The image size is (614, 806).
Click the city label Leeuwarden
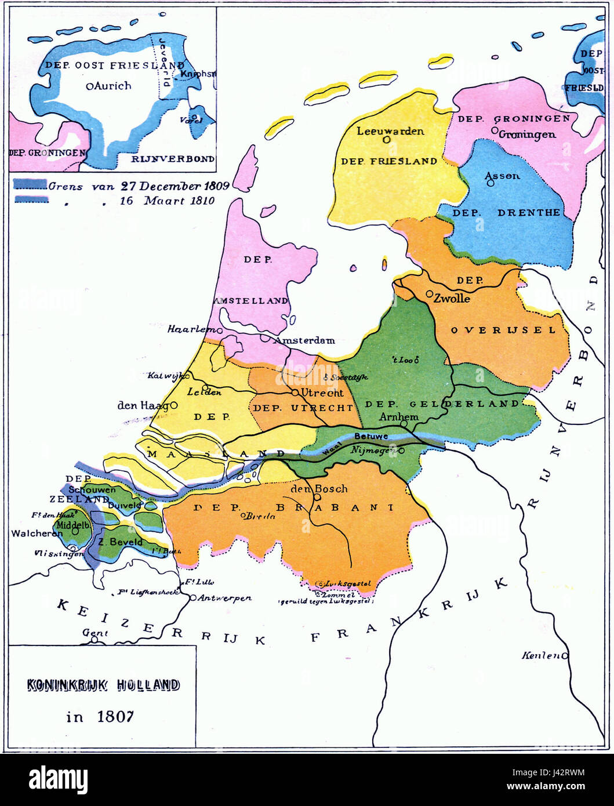click(390, 131)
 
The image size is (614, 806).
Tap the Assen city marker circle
click(491, 183)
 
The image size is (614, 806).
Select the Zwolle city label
click(452, 299)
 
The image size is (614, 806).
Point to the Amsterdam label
click(304, 340)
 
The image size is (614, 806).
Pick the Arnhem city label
click(398, 417)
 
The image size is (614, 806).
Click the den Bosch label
click(318, 488)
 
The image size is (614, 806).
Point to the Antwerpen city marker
click(192, 597)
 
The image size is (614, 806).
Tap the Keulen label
click(540, 655)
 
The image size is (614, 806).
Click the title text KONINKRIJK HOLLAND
click(103, 685)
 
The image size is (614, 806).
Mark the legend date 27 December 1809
click(175, 186)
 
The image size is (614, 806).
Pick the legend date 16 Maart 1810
click(167, 201)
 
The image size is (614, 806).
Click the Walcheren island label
click(36, 533)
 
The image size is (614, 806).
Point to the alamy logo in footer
click(58, 779)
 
